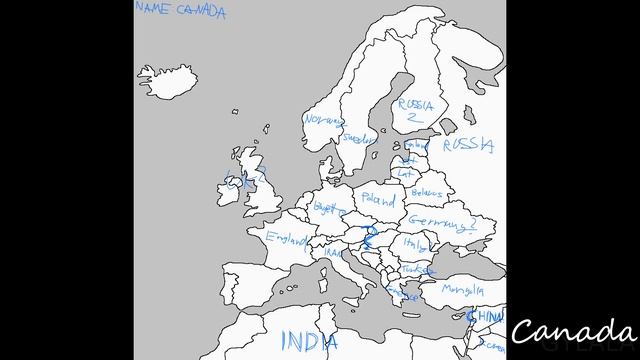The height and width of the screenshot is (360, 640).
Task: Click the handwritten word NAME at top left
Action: tap(154, 9)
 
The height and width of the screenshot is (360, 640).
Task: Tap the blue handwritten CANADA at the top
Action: tap(201, 12)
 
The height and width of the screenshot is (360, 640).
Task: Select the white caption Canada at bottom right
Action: tap(574, 331)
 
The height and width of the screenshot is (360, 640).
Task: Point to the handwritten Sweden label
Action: tap(358, 139)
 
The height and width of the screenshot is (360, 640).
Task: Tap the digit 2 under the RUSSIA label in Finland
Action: tap(410, 117)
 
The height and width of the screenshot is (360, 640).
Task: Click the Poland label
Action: tap(379, 199)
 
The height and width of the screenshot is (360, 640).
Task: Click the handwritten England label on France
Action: tap(286, 238)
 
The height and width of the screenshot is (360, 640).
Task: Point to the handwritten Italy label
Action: tap(413, 242)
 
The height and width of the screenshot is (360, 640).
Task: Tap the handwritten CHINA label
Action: tap(488, 317)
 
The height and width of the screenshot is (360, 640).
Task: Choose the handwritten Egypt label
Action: tap(328, 207)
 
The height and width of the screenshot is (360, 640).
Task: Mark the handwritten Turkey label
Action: tap(420, 270)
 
